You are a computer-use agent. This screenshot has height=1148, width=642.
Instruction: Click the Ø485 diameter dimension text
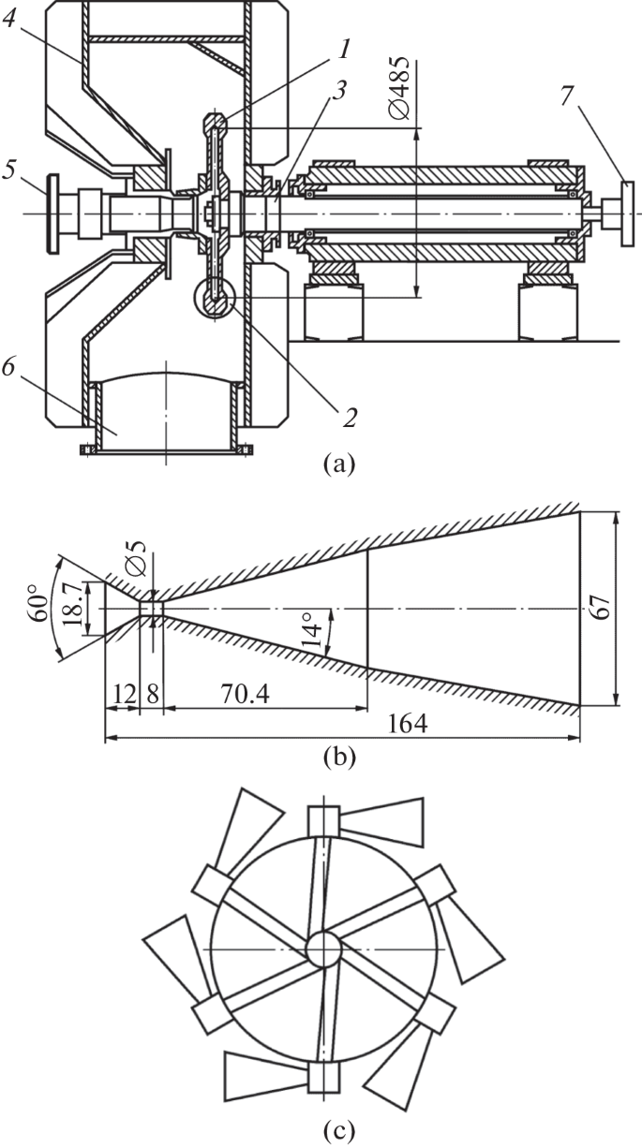click(399, 90)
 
